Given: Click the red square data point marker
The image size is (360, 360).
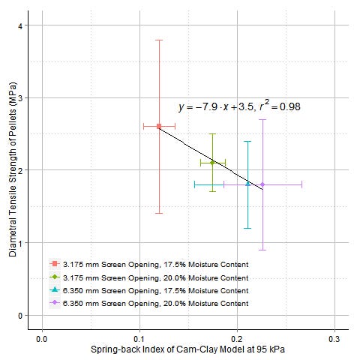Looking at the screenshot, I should (x=159, y=127).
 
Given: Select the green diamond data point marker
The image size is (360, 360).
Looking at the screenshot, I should (x=212, y=162).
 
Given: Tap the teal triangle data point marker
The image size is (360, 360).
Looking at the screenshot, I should (x=247, y=183).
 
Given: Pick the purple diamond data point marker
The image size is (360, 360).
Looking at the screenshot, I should (x=262, y=184).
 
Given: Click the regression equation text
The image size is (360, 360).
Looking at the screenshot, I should (x=239, y=107).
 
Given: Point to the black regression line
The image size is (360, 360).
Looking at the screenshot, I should (x=195, y=150).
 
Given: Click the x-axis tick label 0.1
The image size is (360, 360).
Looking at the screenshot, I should (x=139, y=339).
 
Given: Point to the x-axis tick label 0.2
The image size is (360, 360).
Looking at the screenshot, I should (x=237, y=339).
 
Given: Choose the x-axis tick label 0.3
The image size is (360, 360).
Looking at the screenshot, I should (x=334, y=339).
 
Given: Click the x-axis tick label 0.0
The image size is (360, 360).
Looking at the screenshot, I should (x=42, y=339).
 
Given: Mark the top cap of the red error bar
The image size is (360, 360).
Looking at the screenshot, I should (x=159, y=40).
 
